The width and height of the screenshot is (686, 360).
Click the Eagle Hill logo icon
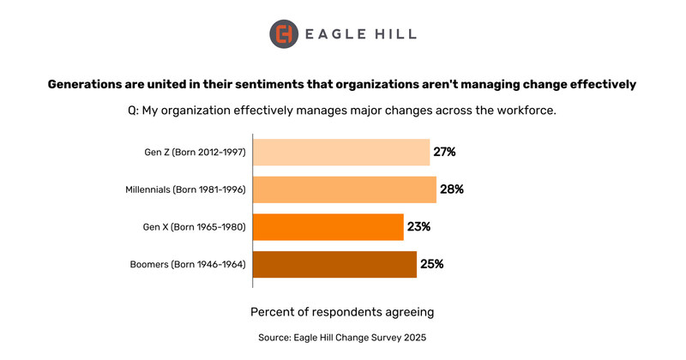coord(285,34)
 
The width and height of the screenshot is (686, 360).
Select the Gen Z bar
coord(341,152)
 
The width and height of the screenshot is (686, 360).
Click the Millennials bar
coord(345,189)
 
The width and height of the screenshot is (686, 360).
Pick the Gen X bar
coord(328,227)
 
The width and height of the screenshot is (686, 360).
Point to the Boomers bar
coord(334,264)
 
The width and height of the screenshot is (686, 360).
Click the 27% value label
coord(444,152)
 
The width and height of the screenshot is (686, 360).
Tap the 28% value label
coord(452,189)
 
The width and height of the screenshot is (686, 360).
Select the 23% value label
coord(418,227)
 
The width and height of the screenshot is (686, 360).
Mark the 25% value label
coord(431,264)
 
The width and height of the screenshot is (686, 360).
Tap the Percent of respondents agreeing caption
coord(341,310)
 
